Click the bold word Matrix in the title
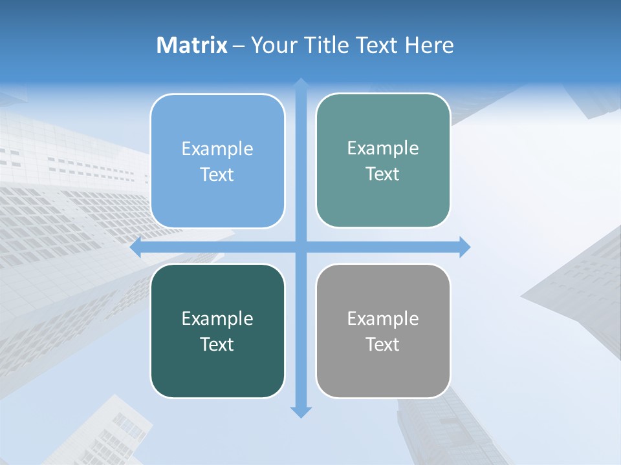tap(192, 45)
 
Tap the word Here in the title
tap(430, 45)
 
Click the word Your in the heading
tap(273, 45)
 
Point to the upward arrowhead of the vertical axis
tap(301, 83)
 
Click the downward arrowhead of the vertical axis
tap(301, 412)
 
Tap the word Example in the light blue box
tap(217, 149)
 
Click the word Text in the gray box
tap(383, 345)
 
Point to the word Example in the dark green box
tap(217, 318)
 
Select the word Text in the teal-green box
tap(383, 174)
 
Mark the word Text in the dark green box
tap(217, 345)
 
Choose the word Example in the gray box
tap(383, 318)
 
